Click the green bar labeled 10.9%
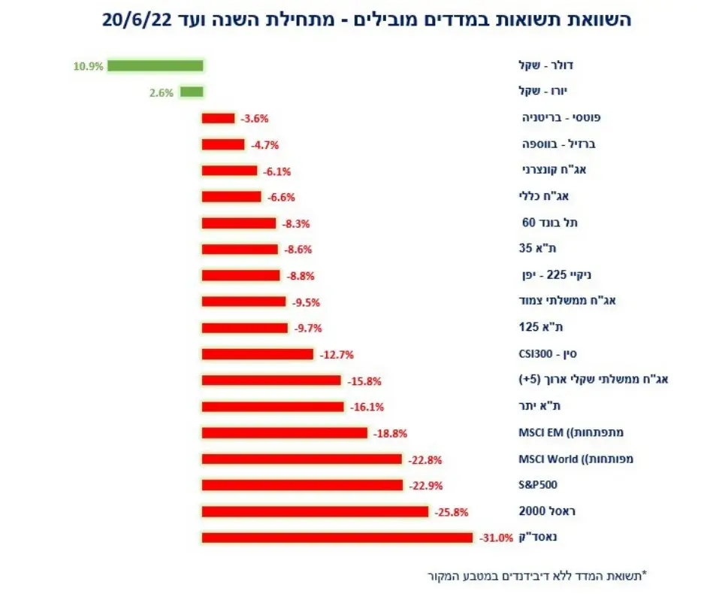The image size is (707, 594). pyautogui.click(x=155, y=66)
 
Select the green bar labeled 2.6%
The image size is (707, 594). pyautogui.click(x=192, y=92)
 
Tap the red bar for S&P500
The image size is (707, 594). pyautogui.click(x=304, y=485)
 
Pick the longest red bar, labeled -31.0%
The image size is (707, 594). pyautogui.click(x=337, y=538)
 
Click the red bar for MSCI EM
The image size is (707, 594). pyautogui.click(x=285, y=433)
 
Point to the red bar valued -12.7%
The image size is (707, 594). pyautogui.click(x=258, y=354)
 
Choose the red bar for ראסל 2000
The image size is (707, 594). pyautogui.click(x=315, y=511)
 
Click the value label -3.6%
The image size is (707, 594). pyautogui.click(x=254, y=119)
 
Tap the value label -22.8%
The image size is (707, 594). pyautogui.click(x=425, y=459)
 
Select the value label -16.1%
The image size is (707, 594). pyautogui.click(x=367, y=407)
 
